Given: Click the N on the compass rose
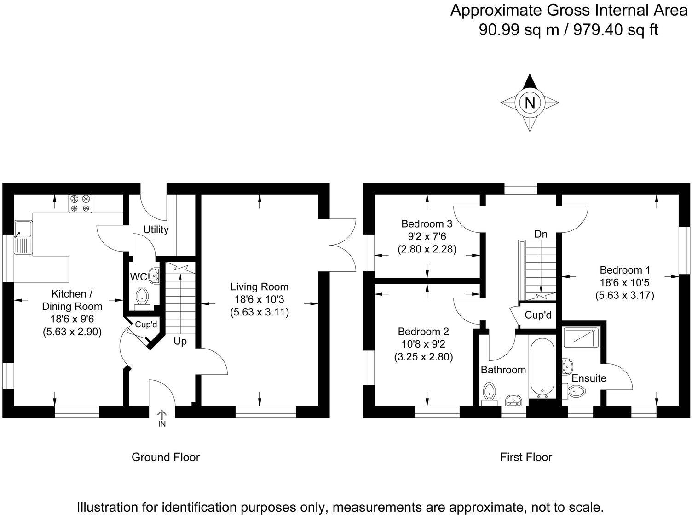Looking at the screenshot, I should tap(530, 103).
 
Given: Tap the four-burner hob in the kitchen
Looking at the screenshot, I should tap(81, 204).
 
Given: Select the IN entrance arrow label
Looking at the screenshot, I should tap(162, 423).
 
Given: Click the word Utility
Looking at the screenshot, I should tap(156, 229).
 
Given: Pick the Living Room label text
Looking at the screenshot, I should tap(259, 287).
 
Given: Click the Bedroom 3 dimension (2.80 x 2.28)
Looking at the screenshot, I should tap(427, 250).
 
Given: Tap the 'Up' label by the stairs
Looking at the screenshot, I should tap(180, 342).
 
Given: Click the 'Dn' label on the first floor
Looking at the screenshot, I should tap(541, 234).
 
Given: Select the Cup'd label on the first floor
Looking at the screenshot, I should tap(538, 315).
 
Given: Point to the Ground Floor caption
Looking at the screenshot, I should tap(166, 457).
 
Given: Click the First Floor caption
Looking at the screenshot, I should tap(526, 457).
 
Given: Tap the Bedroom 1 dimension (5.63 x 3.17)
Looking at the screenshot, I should tap(624, 295).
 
